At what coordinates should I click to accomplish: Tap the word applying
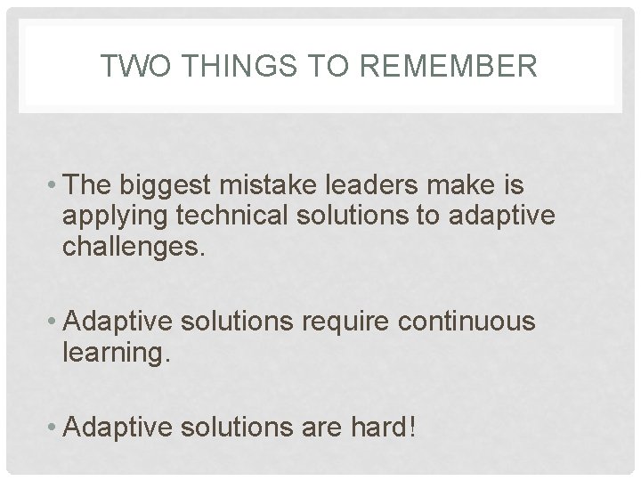(x=105, y=217)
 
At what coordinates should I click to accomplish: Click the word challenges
(x=134, y=245)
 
